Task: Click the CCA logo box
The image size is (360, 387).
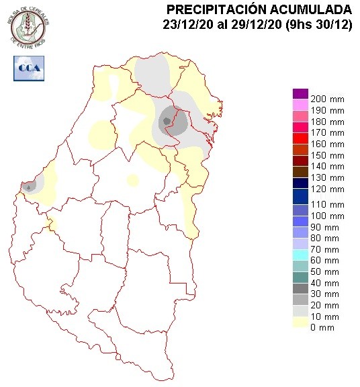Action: point(28,67)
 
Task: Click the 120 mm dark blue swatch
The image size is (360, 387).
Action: point(300,193)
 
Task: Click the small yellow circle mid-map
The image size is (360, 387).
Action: point(132,180)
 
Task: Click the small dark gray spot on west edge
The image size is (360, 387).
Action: point(28,186)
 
